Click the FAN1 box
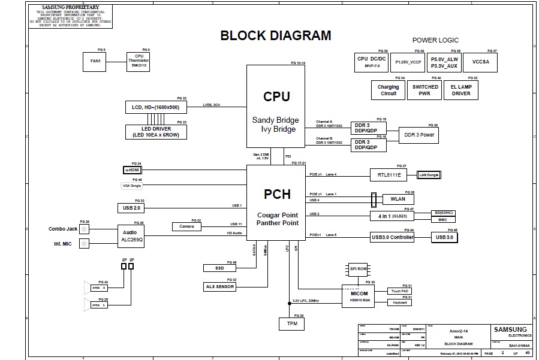coord(94,61)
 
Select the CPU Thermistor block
coord(139,61)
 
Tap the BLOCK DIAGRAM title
coord(276,35)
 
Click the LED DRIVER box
coord(155,132)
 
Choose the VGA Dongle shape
coord(132,186)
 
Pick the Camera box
coord(186,226)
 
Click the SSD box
coord(219,268)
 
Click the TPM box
coord(292,323)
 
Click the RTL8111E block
coord(389,174)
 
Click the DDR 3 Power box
coord(420,135)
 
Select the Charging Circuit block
coord(389,90)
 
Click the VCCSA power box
coord(480,62)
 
